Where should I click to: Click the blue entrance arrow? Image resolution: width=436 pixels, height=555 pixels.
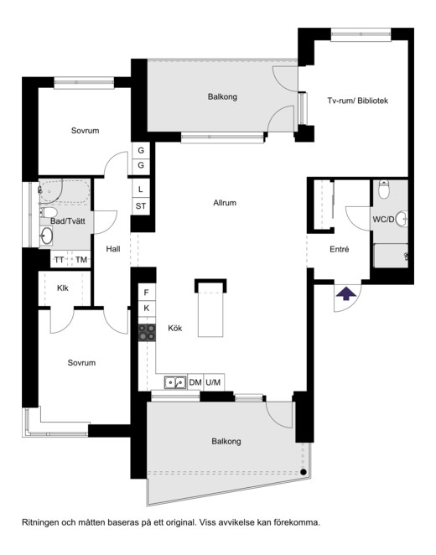(x=345, y=293)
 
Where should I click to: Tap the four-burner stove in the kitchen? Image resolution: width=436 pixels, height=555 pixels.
(x=147, y=333)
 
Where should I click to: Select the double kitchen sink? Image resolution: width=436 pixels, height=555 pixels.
(x=175, y=382)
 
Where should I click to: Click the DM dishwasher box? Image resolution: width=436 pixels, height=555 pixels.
(x=195, y=382)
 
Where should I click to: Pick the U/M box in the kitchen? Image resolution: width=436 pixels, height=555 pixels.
(x=214, y=382)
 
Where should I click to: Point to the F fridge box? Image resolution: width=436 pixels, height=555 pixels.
(x=147, y=293)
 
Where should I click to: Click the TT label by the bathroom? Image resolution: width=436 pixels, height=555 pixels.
(x=59, y=260)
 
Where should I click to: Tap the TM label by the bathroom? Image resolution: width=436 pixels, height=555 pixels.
(x=81, y=260)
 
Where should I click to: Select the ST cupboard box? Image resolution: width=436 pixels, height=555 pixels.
(x=141, y=206)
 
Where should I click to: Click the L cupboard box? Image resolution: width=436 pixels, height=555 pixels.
(x=141, y=189)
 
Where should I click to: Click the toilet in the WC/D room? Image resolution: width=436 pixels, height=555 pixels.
(x=384, y=189)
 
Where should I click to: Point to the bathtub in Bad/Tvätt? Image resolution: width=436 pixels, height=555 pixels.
(x=64, y=192)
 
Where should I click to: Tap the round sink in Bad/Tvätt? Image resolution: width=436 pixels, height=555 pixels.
(x=46, y=236)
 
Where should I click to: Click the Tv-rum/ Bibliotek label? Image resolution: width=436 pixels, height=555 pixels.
(x=357, y=101)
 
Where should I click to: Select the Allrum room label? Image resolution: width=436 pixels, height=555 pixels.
(x=225, y=203)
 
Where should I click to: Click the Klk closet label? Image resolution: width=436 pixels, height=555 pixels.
(x=63, y=288)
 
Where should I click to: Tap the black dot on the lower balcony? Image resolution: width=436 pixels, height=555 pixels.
(x=304, y=472)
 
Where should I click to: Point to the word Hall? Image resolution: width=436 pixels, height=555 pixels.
(x=113, y=249)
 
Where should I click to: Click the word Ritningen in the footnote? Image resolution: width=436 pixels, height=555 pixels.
(x=39, y=522)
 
